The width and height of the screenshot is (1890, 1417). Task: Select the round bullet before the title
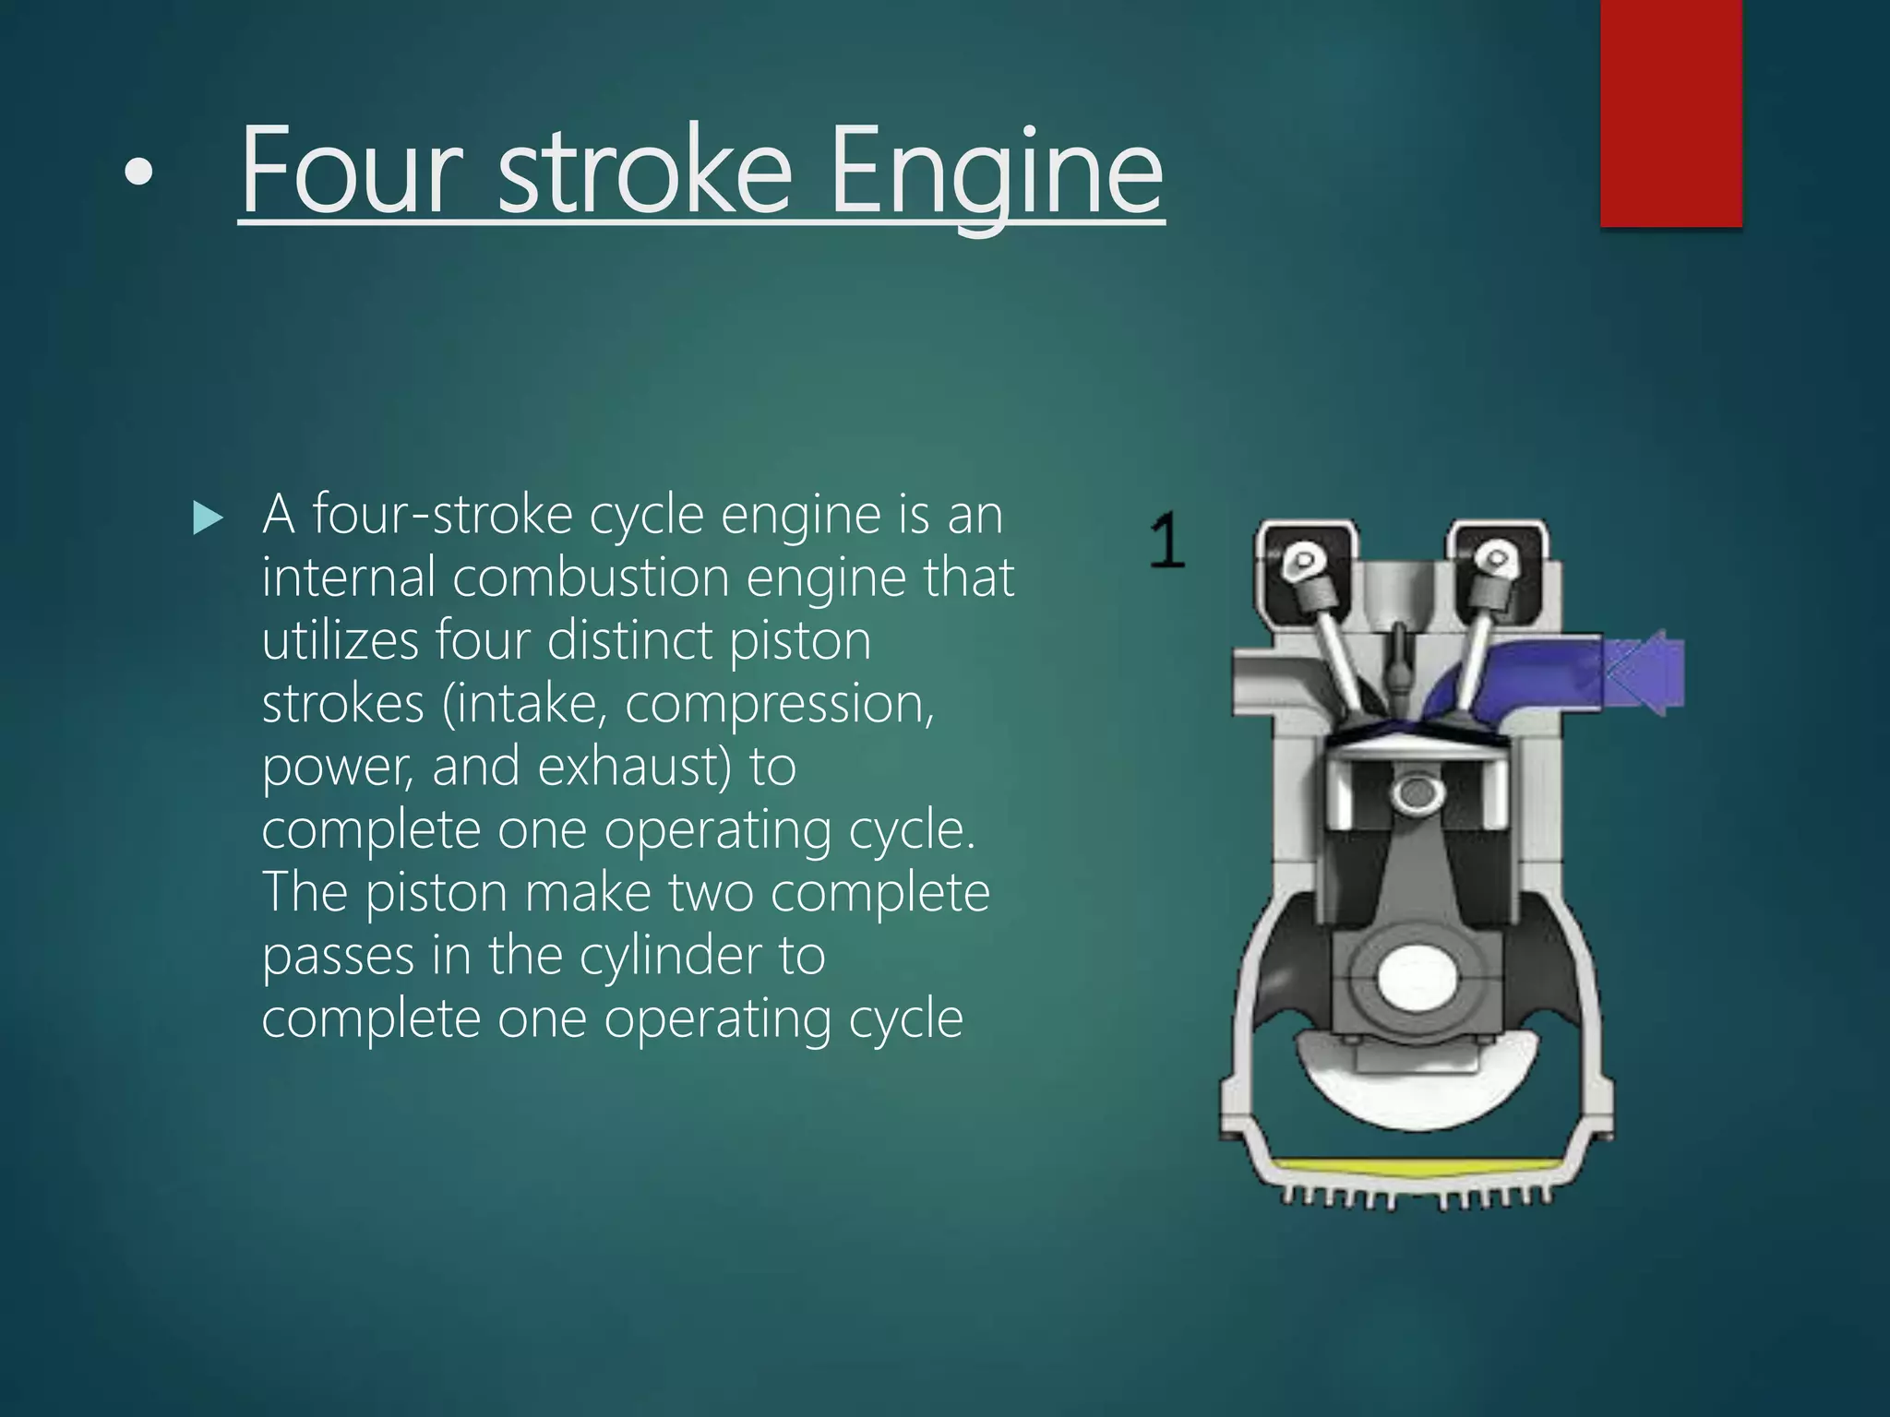[138, 173]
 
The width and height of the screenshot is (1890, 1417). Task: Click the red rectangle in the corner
[1670, 111]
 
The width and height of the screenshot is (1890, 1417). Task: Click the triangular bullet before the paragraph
[208, 518]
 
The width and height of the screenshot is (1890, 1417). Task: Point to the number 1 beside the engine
[1167, 542]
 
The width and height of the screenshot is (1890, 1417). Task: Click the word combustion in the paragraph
[591, 578]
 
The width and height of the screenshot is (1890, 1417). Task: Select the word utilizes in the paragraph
[340, 641]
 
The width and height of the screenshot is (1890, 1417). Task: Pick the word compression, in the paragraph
[780, 705]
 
